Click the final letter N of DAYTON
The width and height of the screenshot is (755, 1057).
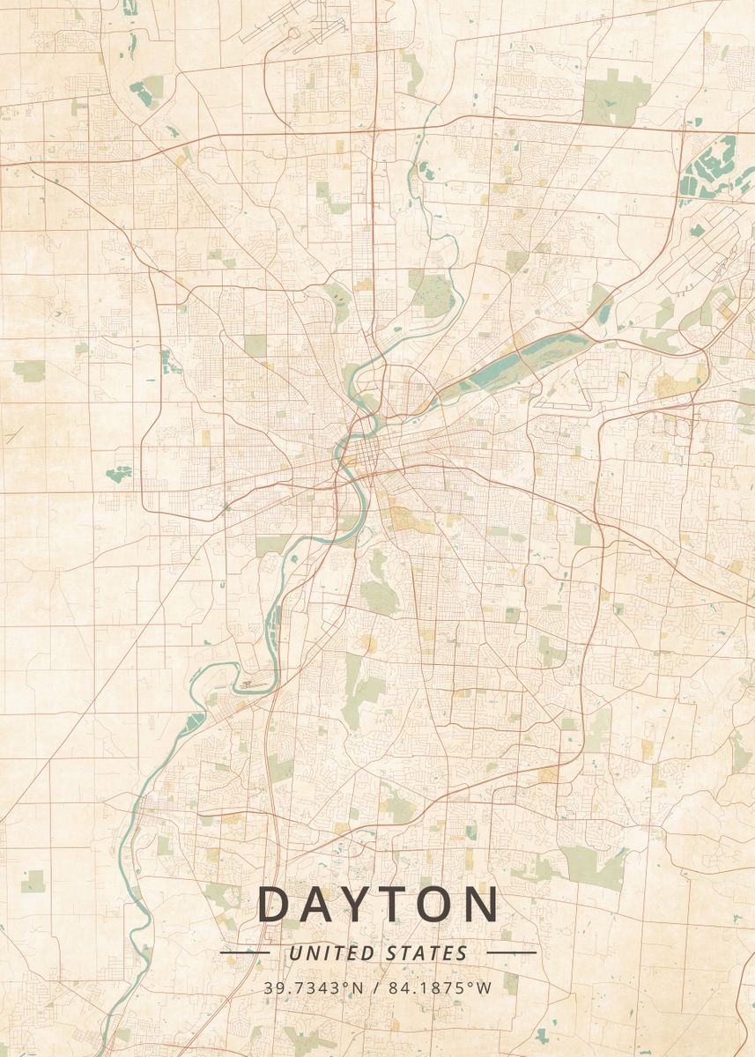(481, 905)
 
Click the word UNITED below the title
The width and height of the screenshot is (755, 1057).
(332, 953)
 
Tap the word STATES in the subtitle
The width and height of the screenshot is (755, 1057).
(426, 953)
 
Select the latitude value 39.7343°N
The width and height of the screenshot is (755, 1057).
(313, 987)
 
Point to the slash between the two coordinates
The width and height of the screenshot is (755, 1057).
(376, 987)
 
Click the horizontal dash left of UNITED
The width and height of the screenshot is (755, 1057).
(244, 953)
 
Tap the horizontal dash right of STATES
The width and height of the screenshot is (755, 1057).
(511, 953)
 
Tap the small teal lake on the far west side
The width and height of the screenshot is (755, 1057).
(118, 473)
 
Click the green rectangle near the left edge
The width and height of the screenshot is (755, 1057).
(29, 371)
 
